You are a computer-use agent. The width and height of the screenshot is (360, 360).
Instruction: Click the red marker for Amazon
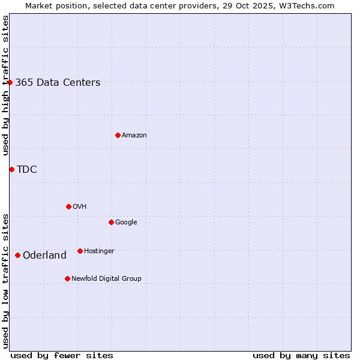click(x=118, y=135)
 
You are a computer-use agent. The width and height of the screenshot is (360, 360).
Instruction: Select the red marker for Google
click(x=111, y=222)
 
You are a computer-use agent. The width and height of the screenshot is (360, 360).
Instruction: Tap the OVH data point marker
click(x=68, y=206)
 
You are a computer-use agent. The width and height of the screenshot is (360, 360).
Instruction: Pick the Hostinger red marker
click(x=80, y=251)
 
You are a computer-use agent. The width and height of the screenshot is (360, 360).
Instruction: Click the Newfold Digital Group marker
click(x=67, y=278)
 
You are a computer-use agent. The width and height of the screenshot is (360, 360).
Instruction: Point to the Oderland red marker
click(x=17, y=255)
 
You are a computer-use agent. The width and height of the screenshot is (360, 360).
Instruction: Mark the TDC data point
click(x=11, y=169)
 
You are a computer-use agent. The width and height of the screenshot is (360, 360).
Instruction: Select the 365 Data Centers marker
click(x=10, y=82)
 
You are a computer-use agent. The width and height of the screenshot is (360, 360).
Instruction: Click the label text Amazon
click(x=134, y=136)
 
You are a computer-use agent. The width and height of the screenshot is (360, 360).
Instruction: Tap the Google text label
click(x=126, y=223)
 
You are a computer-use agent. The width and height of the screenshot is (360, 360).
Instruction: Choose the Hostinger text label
click(x=99, y=251)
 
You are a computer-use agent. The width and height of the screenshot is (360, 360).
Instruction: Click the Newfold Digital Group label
click(x=106, y=279)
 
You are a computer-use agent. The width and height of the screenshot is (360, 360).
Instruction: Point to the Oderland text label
click(x=44, y=256)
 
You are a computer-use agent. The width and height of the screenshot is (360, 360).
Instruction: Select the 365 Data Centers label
click(x=58, y=83)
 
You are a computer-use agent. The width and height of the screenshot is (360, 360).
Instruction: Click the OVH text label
click(x=80, y=207)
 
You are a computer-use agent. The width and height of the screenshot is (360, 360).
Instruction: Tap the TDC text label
click(x=27, y=170)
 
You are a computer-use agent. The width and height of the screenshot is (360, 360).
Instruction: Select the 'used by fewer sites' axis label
click(x=62, y=355)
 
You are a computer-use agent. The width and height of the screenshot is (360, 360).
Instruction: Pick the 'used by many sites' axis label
click(x=301, y=355)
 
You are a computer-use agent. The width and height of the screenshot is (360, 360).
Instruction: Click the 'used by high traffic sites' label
click(x=5, y=86)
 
